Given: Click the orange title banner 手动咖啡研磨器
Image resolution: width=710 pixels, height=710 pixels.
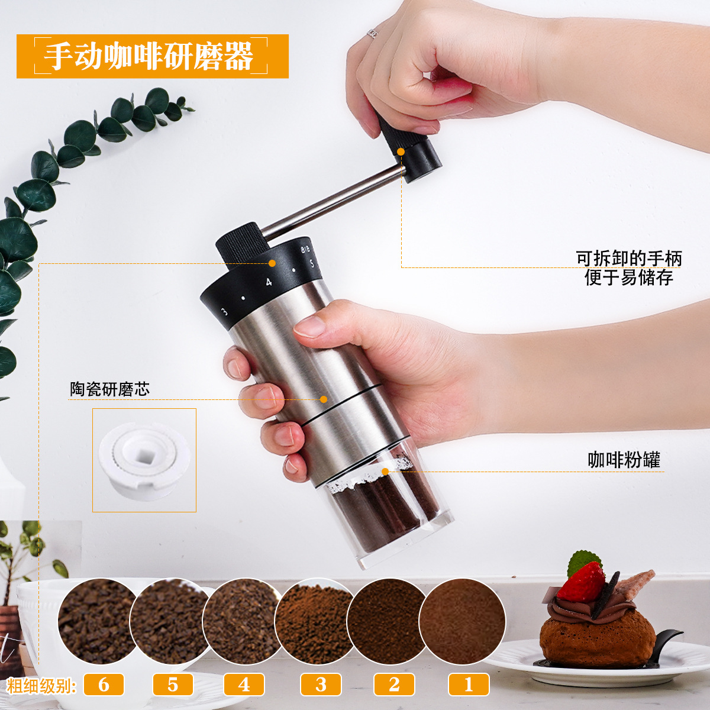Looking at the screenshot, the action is (152, 56).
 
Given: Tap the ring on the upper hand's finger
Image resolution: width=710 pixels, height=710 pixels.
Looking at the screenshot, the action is (373, 34).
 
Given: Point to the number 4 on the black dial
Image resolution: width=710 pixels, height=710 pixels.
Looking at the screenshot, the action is (269, 282).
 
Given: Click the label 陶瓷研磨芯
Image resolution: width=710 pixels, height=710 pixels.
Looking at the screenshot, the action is (110, 389).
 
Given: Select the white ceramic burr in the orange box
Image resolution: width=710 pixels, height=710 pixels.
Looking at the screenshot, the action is (144, 460).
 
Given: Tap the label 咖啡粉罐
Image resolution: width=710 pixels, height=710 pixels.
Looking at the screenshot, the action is (624, 460).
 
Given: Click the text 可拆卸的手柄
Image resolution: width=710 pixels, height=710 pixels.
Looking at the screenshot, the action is (629, 259).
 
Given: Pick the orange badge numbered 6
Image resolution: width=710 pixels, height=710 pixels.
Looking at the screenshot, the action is (104, 685).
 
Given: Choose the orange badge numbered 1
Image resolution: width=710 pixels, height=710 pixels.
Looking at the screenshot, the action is (469, 685).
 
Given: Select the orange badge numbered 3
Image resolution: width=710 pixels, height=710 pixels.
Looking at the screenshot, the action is (321, 685).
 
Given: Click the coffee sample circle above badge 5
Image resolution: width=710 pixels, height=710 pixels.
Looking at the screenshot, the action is (169, 621).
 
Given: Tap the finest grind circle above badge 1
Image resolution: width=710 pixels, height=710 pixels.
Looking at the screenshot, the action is (463, 621).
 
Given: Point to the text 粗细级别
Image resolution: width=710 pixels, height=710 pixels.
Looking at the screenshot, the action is (41, 685).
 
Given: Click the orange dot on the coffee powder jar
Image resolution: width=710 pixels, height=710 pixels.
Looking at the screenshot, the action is (385, 472).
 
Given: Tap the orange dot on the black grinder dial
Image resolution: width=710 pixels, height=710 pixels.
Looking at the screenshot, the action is (272, 263).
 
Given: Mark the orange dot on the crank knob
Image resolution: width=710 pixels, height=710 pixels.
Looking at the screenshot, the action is (401, 152).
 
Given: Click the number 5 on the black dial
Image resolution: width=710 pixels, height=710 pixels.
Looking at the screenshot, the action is (312, 264).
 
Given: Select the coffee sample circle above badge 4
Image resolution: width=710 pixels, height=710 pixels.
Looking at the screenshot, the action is (242, 621).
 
